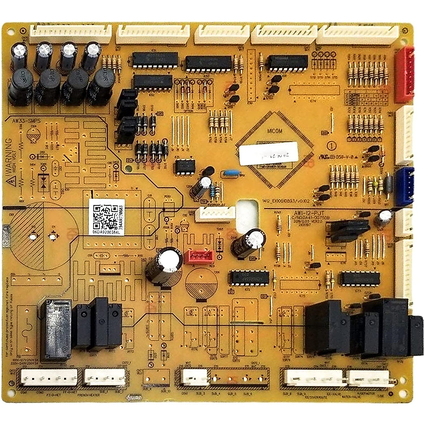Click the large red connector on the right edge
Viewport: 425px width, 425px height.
pos(404,74)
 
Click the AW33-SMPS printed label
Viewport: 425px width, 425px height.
pos(27,121)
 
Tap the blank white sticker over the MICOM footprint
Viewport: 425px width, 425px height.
pos(268,153)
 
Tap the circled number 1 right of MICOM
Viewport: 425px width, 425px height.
pos(331,145)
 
